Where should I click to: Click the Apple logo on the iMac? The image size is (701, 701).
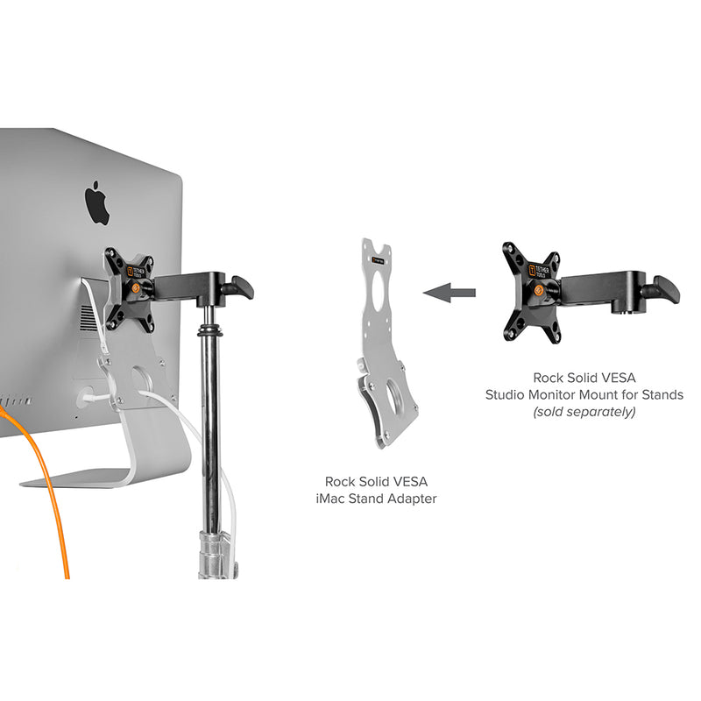point(97,203)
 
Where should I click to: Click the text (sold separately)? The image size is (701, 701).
point(584,411)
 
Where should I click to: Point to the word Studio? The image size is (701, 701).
point(506,394)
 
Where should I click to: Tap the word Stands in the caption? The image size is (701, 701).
point(661,394)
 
